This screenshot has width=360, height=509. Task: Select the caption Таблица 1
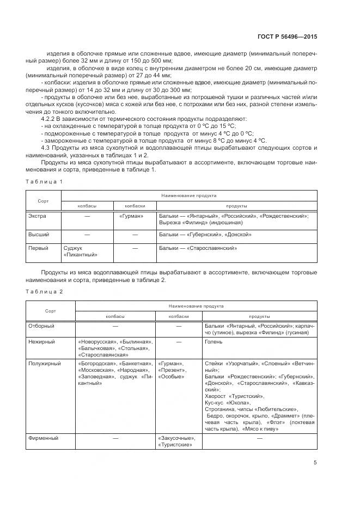tap(45, 181)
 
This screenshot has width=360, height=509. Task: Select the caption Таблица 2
tap(45, 291)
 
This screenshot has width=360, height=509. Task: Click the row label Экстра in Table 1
tap(37, 216)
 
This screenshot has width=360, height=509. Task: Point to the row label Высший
tap(39, 234)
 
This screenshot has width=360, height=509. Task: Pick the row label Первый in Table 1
tap(39, 248)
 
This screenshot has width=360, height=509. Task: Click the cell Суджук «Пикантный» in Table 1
tap(81, 251)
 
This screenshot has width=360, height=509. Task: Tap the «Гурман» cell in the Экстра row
tap(131, 216)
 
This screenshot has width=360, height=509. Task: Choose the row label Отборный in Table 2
tap(41, 326)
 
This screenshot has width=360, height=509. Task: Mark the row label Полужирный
tap(44, 363)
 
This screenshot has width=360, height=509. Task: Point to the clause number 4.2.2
tap(50, 118)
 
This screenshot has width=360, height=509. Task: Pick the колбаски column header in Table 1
tap(135, 206)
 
